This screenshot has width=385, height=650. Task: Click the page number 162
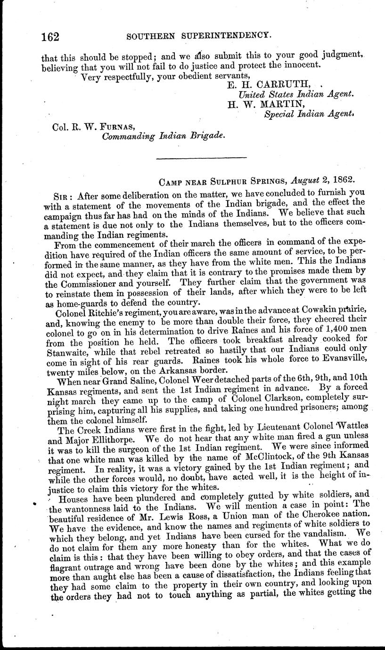click(49, 35)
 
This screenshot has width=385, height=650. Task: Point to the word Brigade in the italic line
click(202, 136)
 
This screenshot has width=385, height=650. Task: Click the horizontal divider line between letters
click(201, 157)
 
